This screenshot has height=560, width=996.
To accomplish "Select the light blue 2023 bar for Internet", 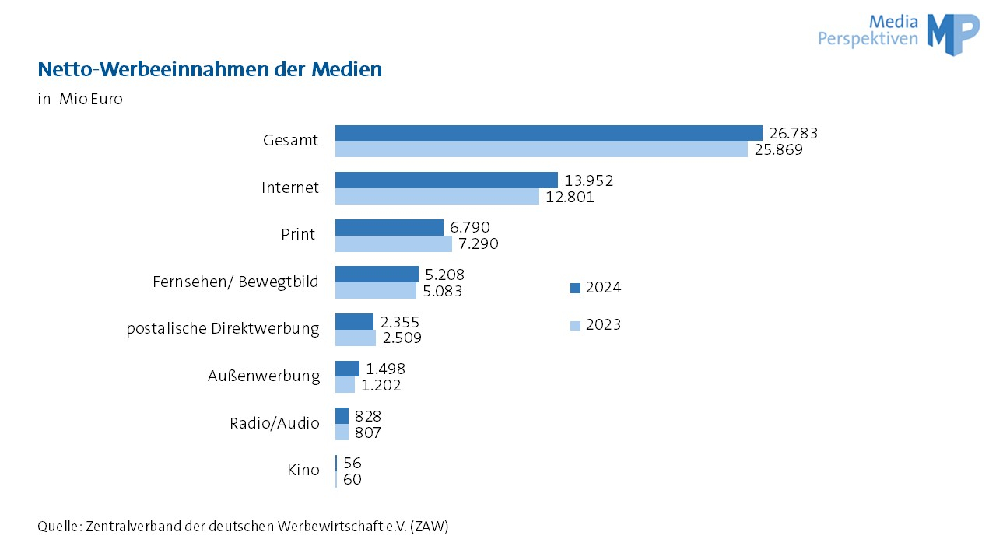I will coord(437,197).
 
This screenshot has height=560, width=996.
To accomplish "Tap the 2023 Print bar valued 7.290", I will coord(393,244).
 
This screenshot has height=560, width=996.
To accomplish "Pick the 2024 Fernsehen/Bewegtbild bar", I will coord(377,274).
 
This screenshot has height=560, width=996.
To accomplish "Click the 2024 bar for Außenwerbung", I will coord(347,369).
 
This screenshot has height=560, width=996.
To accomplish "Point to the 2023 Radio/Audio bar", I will coord(342,432).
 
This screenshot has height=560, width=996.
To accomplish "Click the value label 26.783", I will coord(793,133).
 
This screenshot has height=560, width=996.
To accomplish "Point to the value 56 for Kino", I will coord(352,463).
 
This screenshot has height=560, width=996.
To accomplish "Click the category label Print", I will coord(298,234).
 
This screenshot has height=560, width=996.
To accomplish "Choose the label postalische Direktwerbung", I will coord(223,328).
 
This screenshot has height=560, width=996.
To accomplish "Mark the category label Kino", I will coord(303,470).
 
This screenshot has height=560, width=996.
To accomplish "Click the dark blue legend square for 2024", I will coord(576,288).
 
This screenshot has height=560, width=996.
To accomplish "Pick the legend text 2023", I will coord(603,325).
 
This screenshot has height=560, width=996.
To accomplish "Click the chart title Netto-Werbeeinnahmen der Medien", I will coord(210,69).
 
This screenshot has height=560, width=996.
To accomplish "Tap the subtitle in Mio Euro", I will coord(80,100).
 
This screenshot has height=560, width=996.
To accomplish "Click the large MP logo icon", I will coord(952,33).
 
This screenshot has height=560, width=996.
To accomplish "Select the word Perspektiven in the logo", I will coord(868,38).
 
